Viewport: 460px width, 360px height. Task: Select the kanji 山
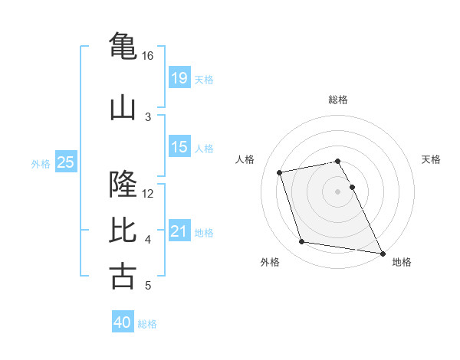point(123,107)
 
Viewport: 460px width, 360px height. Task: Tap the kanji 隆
point(123,185)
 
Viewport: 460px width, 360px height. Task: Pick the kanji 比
point(123,230)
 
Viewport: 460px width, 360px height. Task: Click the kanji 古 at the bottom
point(123,276)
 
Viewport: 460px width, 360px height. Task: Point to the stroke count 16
point(148,56)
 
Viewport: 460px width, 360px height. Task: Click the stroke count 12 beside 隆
point(148,193)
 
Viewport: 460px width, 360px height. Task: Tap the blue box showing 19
point(179,77)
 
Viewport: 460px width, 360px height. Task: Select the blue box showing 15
point(179,146)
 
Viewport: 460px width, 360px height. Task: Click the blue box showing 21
point(179,231)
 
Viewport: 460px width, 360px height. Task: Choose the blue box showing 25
point(66,162)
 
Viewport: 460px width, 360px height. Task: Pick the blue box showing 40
point(123,322)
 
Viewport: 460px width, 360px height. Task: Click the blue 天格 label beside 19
point(204,79)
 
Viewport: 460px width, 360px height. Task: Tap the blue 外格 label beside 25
point(41,163)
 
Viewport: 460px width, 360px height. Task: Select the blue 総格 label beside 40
point(147,324)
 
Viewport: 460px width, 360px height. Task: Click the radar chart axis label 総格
point(338,100)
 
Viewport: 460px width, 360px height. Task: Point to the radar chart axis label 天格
point(432,159)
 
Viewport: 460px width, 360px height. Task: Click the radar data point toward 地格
point(382,252)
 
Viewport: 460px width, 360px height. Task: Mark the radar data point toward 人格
point(280,172)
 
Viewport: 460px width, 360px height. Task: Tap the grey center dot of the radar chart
point(338,191)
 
